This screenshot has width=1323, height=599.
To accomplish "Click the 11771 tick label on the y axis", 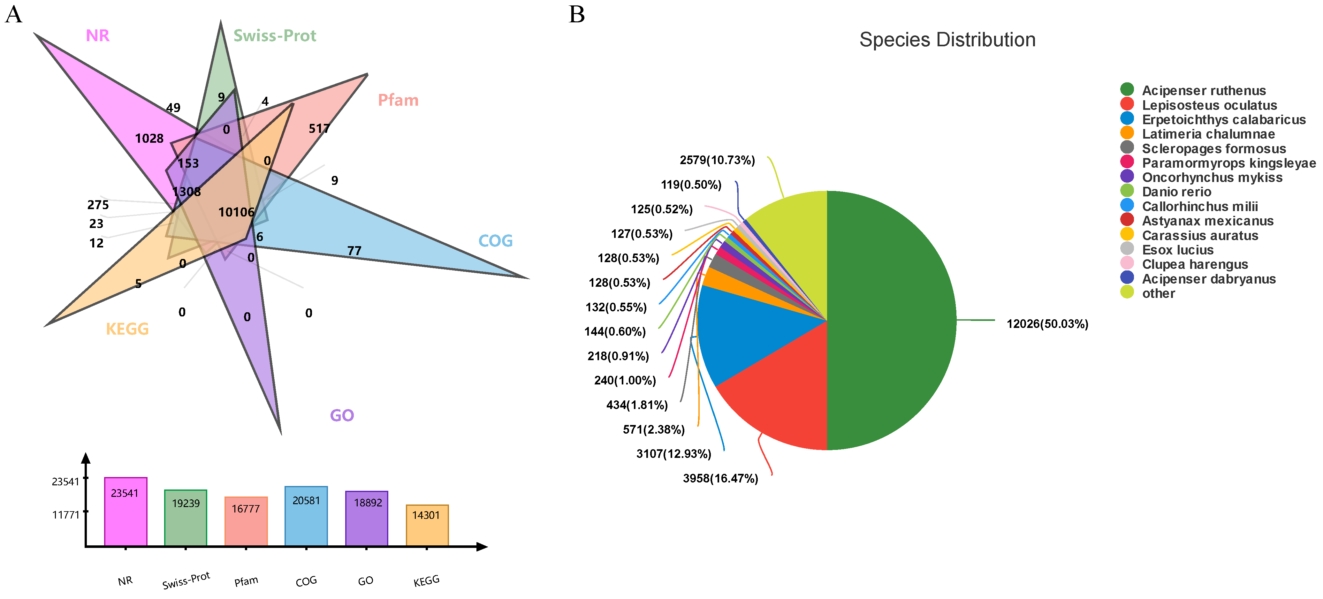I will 66,515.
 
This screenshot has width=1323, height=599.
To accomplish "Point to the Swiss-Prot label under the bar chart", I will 186,580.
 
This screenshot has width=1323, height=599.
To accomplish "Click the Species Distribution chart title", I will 947,40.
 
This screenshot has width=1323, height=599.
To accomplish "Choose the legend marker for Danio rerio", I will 1127,191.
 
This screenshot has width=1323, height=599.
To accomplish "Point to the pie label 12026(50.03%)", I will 1047,324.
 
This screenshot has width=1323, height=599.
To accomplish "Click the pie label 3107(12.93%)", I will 673,454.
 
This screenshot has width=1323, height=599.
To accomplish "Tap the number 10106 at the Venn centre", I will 236,212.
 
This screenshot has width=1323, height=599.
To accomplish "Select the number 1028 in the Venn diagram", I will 149,138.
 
